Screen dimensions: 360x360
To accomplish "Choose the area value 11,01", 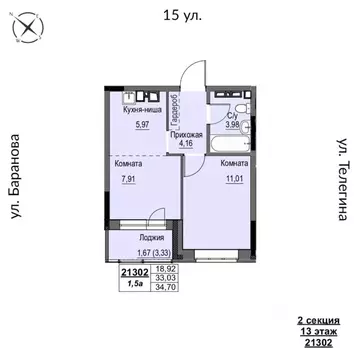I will [234, 179].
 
